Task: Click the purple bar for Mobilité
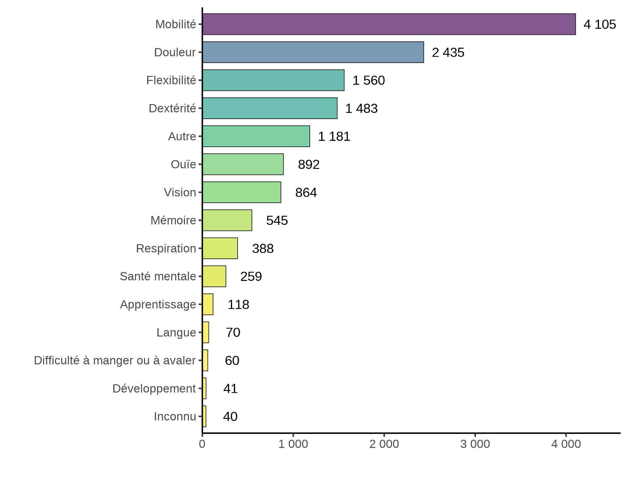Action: [x=389, y=24]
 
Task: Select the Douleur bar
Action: [x=313, y=52]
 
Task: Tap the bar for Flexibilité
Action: [x=273, y=80]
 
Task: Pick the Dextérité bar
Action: [x=270, y=108]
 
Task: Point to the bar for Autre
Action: [x=256, y=136]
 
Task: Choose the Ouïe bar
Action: [x=243, y=164]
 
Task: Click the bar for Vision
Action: [x=242, y=192]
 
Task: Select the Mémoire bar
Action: [x=227, y=220]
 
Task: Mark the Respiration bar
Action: [x=220, y=248]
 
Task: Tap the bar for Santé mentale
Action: [x=214, y=276]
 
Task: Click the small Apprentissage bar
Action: [x=208, y=304]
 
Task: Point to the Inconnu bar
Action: [x=205, y=416]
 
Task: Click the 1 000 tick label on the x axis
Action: [x=293, y=444]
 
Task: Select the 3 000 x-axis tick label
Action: [x=475, y=444]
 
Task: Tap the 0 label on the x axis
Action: [x=202, y=444]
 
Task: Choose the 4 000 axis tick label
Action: [x=566, y=444]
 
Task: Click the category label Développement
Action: [x=154, y=389]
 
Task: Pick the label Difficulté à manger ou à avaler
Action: [x=115, y=360]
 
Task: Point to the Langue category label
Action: [x=176, y=333]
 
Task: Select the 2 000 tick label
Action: [x=384, y=444]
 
